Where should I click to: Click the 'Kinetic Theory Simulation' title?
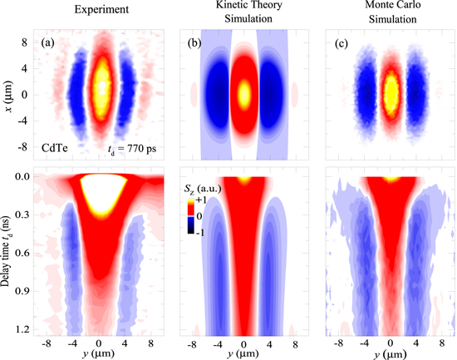coord(244,17)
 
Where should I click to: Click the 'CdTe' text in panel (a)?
coord(56,147)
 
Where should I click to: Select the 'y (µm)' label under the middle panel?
coord(244,353)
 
